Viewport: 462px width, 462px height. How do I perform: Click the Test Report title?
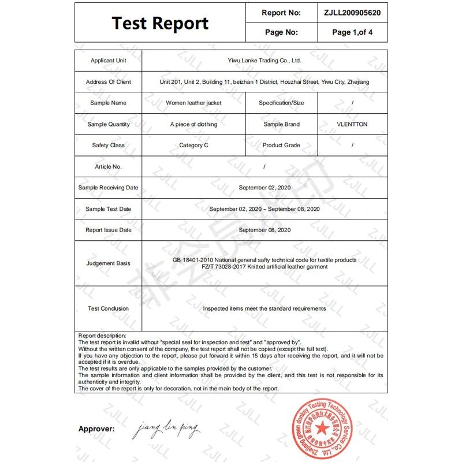(160, 23)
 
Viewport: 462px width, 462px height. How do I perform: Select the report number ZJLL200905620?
(352, 12)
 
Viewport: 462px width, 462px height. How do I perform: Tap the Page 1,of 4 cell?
(352, 32)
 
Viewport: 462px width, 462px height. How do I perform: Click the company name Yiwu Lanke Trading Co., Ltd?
(264, 60)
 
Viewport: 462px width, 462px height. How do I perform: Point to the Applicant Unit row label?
(108, 61)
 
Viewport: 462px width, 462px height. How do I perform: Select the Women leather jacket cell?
(193, 103)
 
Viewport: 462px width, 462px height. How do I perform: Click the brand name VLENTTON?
(352, 124)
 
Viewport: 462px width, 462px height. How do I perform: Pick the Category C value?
(193, 146)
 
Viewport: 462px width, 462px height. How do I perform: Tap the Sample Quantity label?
(108, 124)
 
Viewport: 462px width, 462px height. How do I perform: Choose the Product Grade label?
(281, 146)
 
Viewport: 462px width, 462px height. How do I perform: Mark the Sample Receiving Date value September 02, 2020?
(264, 188)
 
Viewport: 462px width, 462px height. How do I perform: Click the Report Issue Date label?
(108, 230)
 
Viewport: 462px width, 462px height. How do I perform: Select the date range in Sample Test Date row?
(264, 208)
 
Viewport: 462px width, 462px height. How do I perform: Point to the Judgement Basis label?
(108, 263)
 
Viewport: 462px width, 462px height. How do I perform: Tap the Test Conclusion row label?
(108, 308)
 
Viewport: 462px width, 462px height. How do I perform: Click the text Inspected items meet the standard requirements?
(264, 308)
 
